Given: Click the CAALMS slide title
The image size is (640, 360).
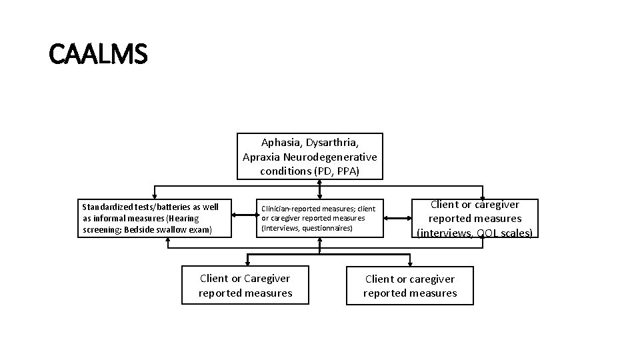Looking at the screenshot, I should coord(98,54).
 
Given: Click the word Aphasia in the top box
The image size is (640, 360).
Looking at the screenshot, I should coord(281,143).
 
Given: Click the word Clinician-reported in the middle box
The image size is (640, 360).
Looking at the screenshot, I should coord(290,209).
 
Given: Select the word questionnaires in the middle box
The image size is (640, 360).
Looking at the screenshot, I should coord(327,227).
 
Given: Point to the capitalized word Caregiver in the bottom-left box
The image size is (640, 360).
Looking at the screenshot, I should coord(267,279).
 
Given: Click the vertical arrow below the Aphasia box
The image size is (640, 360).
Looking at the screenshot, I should coord(320,189).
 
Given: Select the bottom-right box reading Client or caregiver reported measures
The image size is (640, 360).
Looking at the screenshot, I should coord(410,286).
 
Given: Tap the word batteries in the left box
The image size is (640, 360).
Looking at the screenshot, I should coord(165,207).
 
